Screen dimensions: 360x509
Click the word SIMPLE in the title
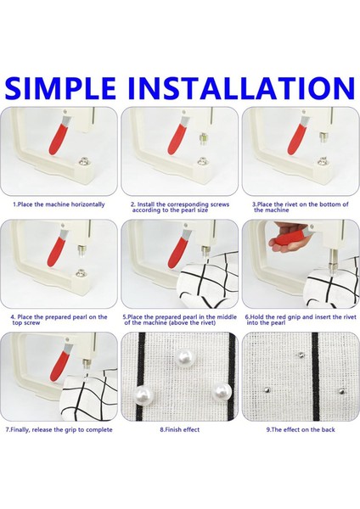point(60,87)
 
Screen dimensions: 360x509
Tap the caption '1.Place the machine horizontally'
point(59,204)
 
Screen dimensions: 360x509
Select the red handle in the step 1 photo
point(59,137)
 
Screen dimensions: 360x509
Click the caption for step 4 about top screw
point(59,320)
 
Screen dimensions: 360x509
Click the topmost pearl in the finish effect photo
point(184,358)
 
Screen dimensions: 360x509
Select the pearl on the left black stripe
point(143,395)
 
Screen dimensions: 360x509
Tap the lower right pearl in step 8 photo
point(222,392)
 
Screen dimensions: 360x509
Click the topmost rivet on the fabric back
point(301,355)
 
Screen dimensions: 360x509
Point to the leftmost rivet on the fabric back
point(266,389)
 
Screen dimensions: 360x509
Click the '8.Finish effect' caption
point(180,430)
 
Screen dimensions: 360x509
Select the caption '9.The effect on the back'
point(301,430)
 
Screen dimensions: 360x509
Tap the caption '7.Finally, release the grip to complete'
point(59,430)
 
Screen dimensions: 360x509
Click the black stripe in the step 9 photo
point(315,377)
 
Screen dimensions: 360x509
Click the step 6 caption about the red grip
point(301,320)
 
